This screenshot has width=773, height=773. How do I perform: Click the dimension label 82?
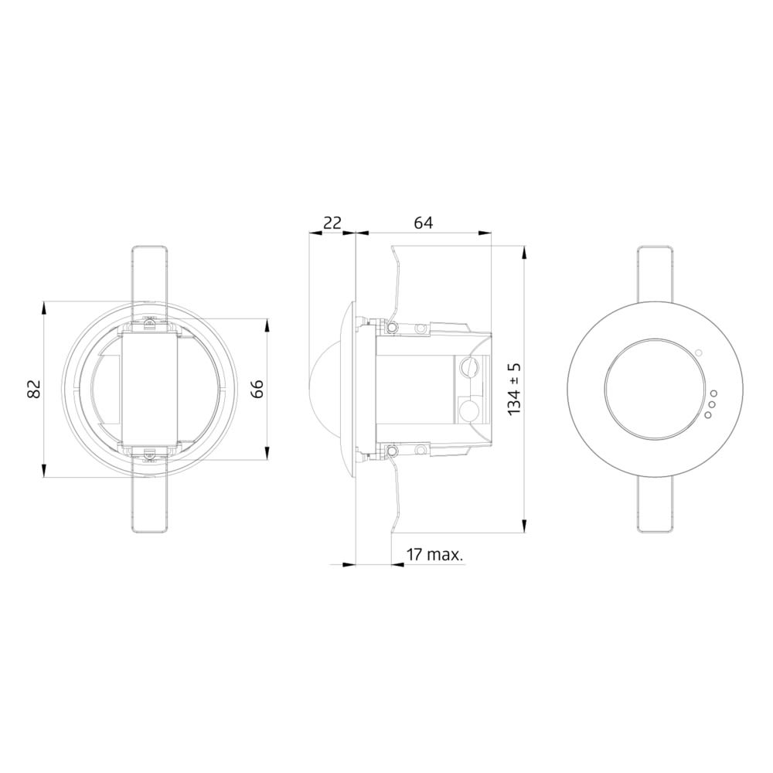pyautogui.click(x=34, y=389)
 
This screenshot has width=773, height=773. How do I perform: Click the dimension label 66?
pyautogui.click(x=257, y=389)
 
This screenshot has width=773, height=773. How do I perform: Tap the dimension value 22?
pyautogui.click(x=332, y=223)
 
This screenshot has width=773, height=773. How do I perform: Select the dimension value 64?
pyautogui.click(x=423, y=223)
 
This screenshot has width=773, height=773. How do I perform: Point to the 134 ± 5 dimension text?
pyautogui.click(x=514, y=389)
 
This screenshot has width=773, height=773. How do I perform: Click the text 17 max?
pyautogui.click(x=434, y=554)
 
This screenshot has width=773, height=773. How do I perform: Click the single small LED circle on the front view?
pyautogui.click(x=699, y=352)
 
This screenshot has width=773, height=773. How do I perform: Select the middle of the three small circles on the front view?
pyautogui.click(x=710, y=404)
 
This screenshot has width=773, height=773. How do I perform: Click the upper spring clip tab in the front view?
pyautogui.click(x=655, y=274)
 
